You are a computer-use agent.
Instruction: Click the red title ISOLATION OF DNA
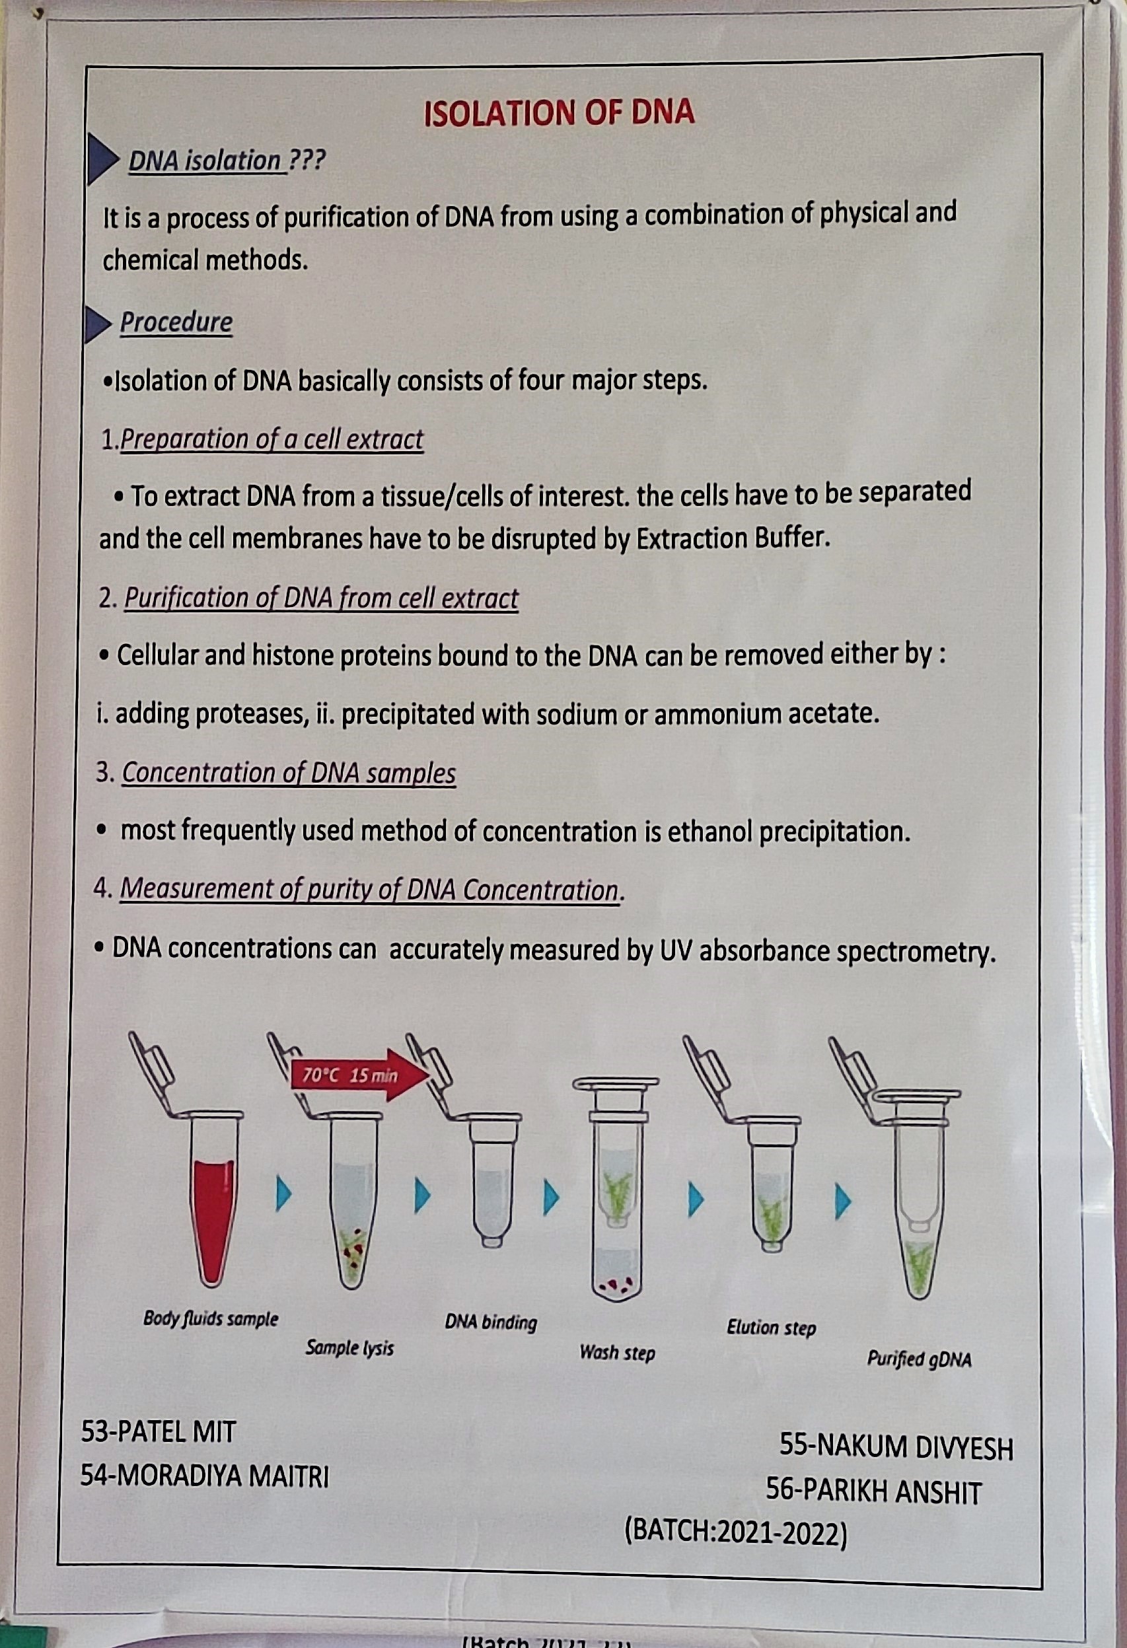(559, 114)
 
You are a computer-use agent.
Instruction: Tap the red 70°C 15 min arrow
(358, 1075)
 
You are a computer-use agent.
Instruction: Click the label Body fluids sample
(211, 1318)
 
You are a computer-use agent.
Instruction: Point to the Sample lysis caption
(349, 1347)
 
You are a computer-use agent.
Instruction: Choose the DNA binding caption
(491, 1322)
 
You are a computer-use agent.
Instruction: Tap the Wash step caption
(617, 1352)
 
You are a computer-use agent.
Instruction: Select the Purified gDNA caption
(919, 1359)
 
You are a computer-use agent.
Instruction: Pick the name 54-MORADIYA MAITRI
(204, 1476)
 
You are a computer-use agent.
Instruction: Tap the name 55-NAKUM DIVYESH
(896, 1447)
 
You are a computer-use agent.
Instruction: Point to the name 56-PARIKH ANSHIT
(874, 1491)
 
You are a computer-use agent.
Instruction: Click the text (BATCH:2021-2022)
(735, 1533)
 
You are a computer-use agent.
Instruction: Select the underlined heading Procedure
(176, 322)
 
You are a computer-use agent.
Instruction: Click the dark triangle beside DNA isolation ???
(99, 160)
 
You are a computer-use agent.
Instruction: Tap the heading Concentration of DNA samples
(289, 772)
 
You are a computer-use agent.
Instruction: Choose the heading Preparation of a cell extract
(272, 440)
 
